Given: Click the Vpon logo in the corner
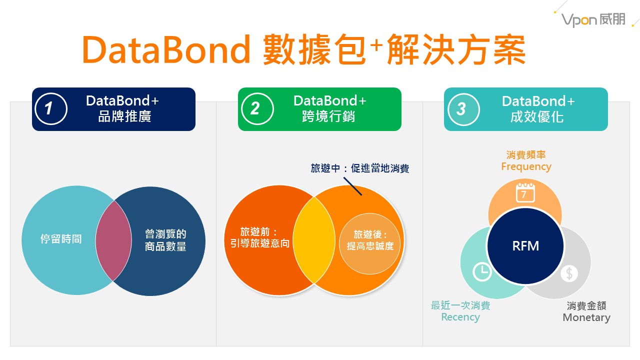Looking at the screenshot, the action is [593, 20].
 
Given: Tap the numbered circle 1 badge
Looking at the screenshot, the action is [51, 109].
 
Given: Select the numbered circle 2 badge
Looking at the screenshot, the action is [257, 109].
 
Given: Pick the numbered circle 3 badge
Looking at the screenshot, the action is [463, 109].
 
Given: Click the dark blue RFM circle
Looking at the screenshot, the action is [525, 246].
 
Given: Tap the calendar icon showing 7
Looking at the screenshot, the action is [525, 192].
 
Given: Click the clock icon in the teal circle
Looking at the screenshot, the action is [482, 271].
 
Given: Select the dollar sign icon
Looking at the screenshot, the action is [569, 273].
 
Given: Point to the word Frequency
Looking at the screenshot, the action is [526, 166].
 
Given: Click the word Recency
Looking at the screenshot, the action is [460, 317].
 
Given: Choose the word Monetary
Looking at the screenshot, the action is [586, 317].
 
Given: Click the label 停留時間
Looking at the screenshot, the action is [61, 239].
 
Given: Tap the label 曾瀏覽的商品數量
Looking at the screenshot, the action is [165, 240].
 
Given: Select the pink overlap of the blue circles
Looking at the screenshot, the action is [113, 240].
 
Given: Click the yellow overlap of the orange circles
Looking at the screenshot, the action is [314, 240].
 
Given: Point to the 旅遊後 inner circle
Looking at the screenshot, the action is [369, 243].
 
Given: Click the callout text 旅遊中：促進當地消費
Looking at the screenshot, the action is [360, 168].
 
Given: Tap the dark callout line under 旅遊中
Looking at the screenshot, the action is [353, 186].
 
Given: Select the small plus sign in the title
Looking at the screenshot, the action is [377, 44].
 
